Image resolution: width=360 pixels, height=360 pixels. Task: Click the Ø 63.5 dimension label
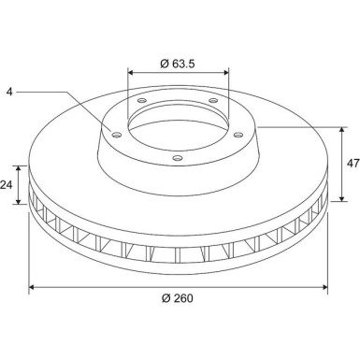pyautogui.click(x=178, y=64)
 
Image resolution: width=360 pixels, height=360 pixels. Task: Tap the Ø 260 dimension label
pyautogui.click(x=178, y=298)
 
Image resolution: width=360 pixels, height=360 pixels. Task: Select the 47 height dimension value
pyautogui.click(x=353, y=164)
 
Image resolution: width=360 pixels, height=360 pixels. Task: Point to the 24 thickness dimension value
pyautogui.click(x=6, y=185)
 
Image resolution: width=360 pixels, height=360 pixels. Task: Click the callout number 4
pyautogui.click(x=9, y=92)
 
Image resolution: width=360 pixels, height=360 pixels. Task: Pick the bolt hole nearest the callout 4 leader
pyautogui.click(x=117, y=135)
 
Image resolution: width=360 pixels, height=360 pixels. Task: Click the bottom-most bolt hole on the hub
pyautogui.click(x=178, y=158)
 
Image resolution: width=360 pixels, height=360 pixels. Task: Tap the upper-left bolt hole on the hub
pyautogui.click(x=142, y=100)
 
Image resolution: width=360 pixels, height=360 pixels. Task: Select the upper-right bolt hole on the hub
pyautogui.click(x=213, y=100)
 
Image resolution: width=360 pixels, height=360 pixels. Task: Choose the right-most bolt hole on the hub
pyautogui.click(x=238, y=135)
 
